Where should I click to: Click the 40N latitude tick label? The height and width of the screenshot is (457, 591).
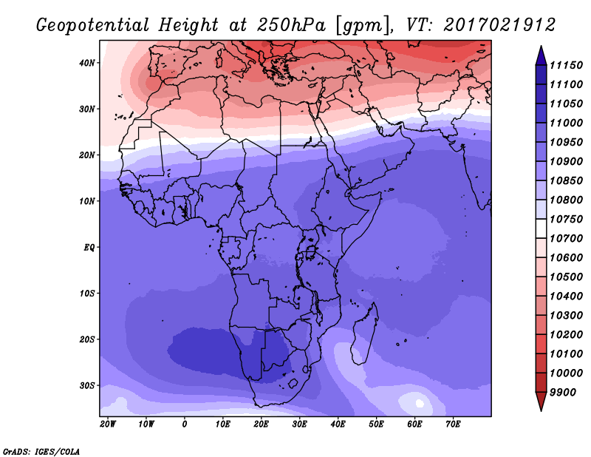pos(88,62)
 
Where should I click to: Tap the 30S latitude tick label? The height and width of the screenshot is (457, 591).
pos(88,385)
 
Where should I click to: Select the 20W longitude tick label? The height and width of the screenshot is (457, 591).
pos(107,424)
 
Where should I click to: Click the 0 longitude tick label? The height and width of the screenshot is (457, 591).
pos(185,424)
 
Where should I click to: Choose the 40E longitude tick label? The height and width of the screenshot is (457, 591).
pos(338,424)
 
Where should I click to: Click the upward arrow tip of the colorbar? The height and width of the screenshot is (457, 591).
pos(541,48)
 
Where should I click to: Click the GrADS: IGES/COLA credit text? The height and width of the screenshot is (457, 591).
pos(41,450)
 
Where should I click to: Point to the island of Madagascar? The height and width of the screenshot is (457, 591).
pos(366,326)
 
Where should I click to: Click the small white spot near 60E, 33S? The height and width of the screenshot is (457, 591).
pos(420,403)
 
